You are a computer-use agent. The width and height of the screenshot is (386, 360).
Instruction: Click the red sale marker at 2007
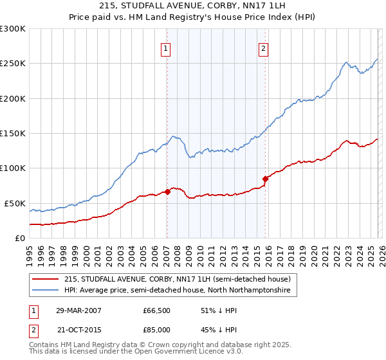(x=167, y=191)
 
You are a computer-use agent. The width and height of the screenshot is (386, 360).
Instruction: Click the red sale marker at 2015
(x=265, y=179)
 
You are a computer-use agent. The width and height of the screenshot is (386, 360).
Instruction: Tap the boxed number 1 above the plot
(x=166, y=48)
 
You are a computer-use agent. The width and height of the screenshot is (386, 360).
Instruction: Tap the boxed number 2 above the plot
(x=264, y=48)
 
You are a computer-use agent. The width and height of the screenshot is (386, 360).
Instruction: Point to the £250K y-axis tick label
(x=12, y=64)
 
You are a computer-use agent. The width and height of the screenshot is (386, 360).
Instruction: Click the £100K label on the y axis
(x=12, y=168)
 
